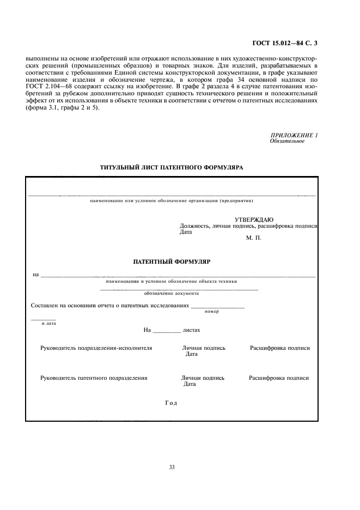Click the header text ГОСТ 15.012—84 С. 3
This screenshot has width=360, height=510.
point(285,41)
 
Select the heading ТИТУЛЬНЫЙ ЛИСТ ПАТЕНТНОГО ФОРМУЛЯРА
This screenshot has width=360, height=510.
point(172,168)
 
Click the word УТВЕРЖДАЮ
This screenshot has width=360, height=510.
point(250,219)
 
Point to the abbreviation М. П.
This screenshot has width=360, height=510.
point(254,238)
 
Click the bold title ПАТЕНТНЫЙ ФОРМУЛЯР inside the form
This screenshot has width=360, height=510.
point(172,262)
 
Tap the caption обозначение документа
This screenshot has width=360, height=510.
point(172,293)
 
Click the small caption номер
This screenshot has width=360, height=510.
point(212,311)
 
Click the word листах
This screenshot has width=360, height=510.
point(192,330)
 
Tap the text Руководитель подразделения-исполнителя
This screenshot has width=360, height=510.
point(96,348)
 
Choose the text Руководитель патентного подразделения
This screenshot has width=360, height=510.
point(94,378)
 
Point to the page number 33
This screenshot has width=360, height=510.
point(172,467)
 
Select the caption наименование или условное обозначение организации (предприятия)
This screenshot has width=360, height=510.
point(172,201)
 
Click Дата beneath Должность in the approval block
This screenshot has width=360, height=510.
point(186,232)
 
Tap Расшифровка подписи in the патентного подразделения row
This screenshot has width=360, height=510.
point(279,378)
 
